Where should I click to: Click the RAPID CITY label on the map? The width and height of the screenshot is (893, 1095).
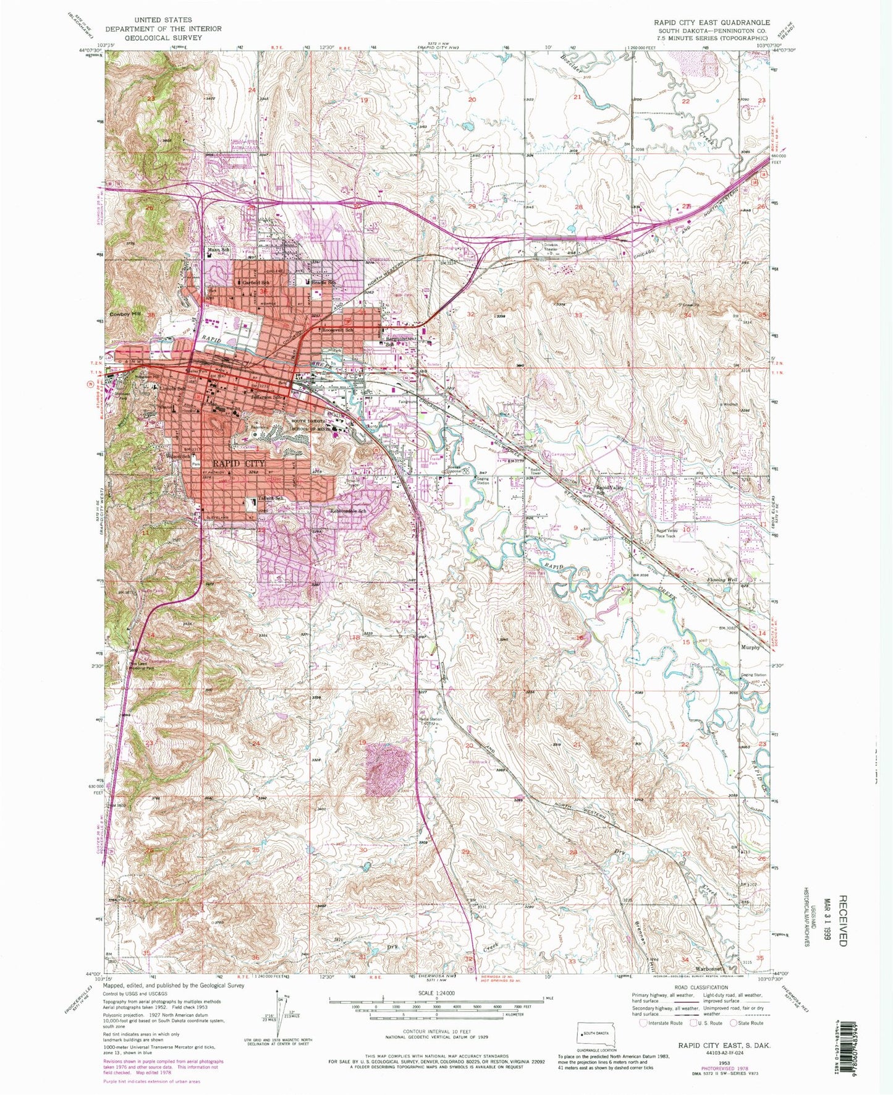pos(240,462)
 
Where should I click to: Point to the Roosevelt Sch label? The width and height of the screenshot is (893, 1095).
pos(338,330)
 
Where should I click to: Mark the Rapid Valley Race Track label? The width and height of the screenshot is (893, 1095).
pos(667,534)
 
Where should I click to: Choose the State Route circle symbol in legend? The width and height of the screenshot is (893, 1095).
pos(734,1023)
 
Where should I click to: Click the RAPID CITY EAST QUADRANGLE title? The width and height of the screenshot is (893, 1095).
pos(712,22)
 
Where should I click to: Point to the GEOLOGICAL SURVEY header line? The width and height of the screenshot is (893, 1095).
pos(157,38)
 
